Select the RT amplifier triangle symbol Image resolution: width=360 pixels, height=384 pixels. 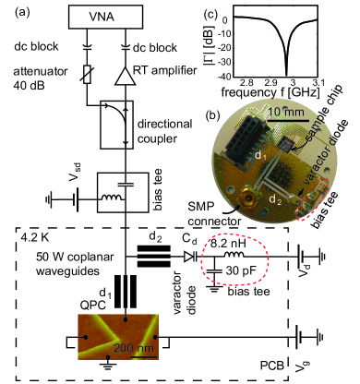pos(125,76)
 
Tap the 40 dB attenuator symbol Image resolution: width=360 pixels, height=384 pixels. pos(88,74)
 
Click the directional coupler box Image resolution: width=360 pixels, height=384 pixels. pos(117,125)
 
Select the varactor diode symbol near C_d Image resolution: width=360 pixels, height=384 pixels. pos(191,257)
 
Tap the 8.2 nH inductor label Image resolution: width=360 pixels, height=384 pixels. pos(228,244)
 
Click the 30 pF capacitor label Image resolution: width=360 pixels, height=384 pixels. pos(242,270)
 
